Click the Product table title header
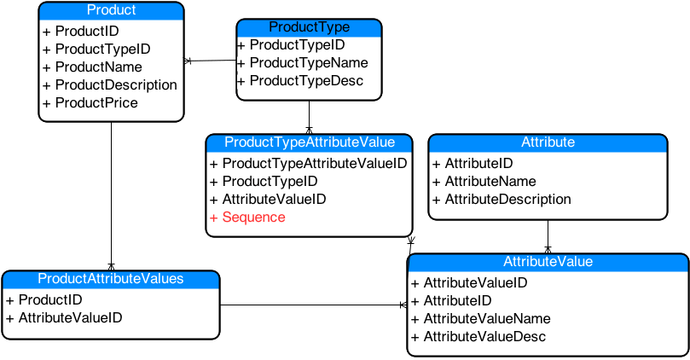pyautogui.click(x=112, y=10)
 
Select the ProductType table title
pyautogui.click(x=309, y=27)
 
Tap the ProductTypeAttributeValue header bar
pyautogui.click(x=309, y=142)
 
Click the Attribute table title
pyautogui.click(x=548, y=142)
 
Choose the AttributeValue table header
pyautogui.click(x=548, y=261)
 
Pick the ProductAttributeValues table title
pyautogui.click(x=111, y=278)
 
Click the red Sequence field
pyautogui.click(x=253, y=218)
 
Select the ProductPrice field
pyautogui.click(x=96, y=103)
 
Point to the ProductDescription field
pyautogui.click(x=115, y=85)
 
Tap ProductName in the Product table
pyautogui.click(x=98, y=67)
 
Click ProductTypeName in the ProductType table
pyautogui.click(x=308, y=63)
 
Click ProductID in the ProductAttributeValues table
pyautogui.click(x=50, y=300)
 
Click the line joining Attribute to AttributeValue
pyautogui.click(x=548, y=235)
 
